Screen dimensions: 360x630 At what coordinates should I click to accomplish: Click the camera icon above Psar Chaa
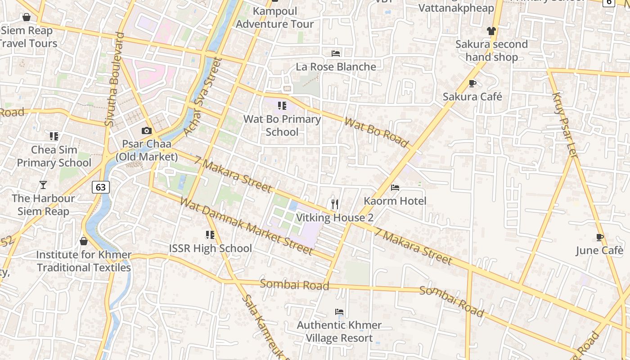tap(146, 131)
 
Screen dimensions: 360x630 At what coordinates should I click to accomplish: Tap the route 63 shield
tap(101, 187)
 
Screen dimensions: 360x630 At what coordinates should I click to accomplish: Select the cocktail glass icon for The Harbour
tap(43, 184)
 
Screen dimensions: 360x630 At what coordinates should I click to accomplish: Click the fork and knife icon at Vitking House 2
tap(334, 204)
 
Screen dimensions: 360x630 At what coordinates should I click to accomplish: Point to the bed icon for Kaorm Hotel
tap(395, 187)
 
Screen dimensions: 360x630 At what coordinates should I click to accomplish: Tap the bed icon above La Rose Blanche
tap(336, 53)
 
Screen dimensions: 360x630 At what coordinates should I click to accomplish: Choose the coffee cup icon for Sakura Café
tap(472, 83)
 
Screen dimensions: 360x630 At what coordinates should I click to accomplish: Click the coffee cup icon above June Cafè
tap(599, 237)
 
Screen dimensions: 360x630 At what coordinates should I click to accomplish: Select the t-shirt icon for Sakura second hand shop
tap(491, 31)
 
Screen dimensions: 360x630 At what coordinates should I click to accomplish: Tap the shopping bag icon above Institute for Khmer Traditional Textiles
tap(84, 241)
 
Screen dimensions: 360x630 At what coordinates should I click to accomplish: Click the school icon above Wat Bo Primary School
tap(282, 106)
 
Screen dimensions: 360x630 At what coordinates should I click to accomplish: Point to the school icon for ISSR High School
tap(210, 234)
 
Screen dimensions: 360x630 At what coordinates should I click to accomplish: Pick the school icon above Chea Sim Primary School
tap(54, 136)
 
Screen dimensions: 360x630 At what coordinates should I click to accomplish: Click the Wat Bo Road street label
tap(376, 133)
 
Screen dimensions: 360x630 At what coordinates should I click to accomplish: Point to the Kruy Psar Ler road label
tap(564, 125)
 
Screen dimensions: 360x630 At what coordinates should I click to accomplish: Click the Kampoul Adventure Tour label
tap(274, 17)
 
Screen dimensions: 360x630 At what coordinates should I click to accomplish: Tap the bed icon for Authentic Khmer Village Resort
tap(339, 311)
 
